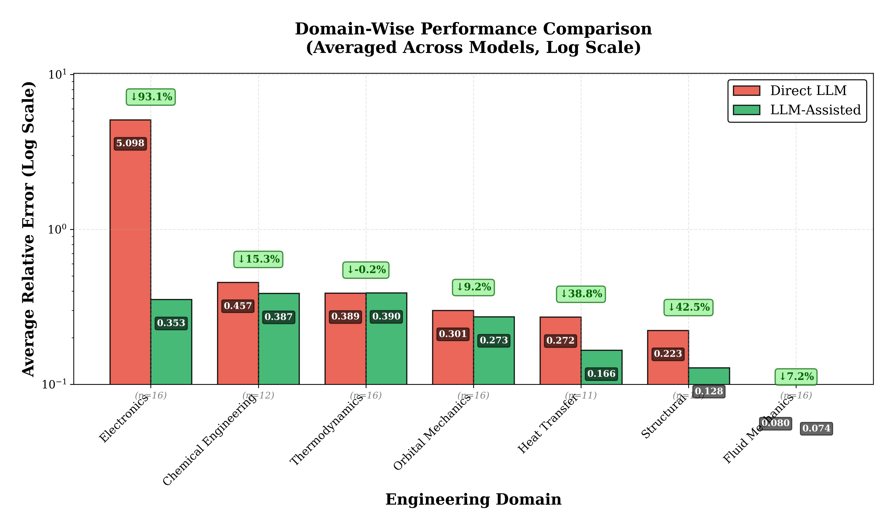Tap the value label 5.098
point(130,143)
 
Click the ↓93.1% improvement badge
point(151,97)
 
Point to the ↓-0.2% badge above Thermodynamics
point(366,270)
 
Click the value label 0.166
point(601,374)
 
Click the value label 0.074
point(816,428)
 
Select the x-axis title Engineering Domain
point(473,499)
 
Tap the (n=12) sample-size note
point(258,395)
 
